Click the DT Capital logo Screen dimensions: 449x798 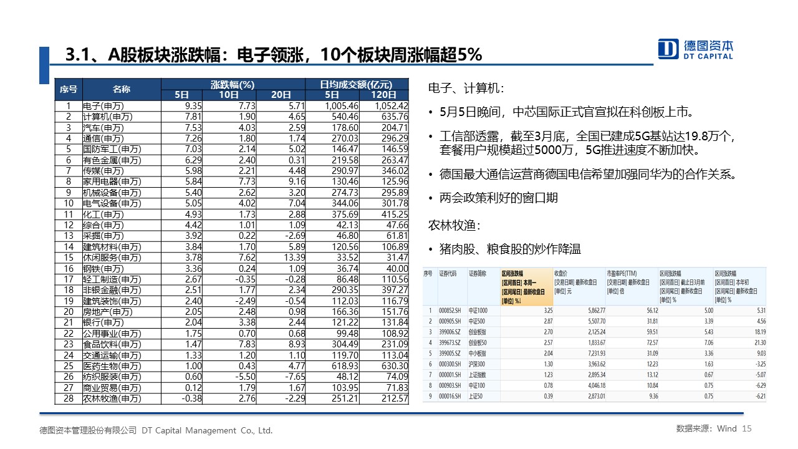click(696, 49)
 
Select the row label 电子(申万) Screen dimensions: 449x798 click(103, 106)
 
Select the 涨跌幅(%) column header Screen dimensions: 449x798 click(233, 84)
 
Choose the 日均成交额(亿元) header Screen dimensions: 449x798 click(356, 84)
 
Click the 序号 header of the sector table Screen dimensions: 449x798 click(68, 89)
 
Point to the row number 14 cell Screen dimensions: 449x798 click(69, 247)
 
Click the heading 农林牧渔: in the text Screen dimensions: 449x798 click(454, 224)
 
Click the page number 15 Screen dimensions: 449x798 click(748, 429)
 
